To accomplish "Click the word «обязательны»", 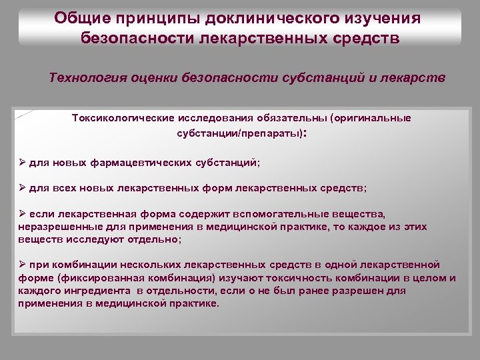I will click(295, 118).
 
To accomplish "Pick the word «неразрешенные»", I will click(51, 227).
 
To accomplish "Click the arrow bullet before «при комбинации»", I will click(22, 265).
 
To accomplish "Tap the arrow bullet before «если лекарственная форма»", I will click(22, 215).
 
